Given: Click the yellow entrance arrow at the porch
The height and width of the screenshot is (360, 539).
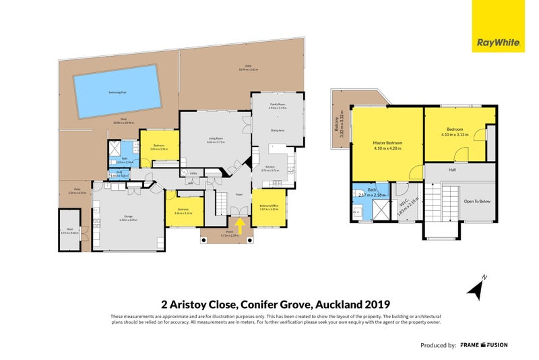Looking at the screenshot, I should click(x=237, y=222).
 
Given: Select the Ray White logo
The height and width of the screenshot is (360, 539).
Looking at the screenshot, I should click(x=498, y=42).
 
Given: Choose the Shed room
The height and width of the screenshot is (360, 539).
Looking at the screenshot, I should click(x=68, y=230).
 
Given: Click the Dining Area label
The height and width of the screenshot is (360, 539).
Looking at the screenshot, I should click(x=277, y=130).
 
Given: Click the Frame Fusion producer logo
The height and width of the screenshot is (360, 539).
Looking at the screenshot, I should click(x=484, y=344).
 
